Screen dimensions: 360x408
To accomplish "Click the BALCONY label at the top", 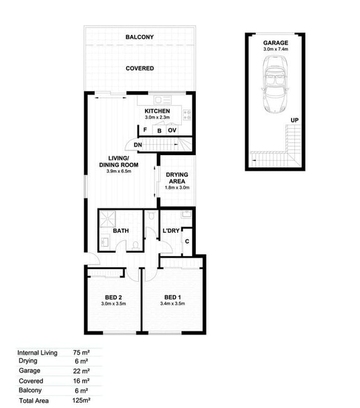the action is pos(140,37).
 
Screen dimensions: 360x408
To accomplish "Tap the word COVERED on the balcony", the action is pos(140,68).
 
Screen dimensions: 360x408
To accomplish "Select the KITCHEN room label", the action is pos(157,111).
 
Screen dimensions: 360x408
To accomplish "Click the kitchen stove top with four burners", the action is pos(187,115).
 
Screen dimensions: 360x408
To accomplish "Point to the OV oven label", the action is pos(172,130).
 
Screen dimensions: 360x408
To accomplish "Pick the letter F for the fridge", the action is pos(146,129).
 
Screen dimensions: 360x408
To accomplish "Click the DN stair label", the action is pos(138,145).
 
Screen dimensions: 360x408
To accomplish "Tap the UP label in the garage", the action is pos(295,121).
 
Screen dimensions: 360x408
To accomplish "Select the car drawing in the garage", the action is pos(275,84).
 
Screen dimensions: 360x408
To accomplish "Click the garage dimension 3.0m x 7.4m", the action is pos(276,49).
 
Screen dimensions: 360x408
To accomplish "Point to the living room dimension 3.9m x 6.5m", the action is pos(119,171).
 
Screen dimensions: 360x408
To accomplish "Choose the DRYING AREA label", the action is pos(177,178).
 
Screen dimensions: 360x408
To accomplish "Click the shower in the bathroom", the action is pos(108,219).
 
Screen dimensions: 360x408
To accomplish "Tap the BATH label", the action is pos(121,231).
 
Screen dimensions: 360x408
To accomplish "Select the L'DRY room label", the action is pos(171,231).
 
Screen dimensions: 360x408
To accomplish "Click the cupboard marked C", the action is pos(187,242).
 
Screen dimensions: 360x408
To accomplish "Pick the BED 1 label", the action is pos(172,298).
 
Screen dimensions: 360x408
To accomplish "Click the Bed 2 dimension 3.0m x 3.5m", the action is pos(114,304).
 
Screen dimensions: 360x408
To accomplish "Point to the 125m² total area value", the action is pos(82,400).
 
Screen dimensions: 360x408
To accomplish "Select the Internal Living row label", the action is pos(38,353).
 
